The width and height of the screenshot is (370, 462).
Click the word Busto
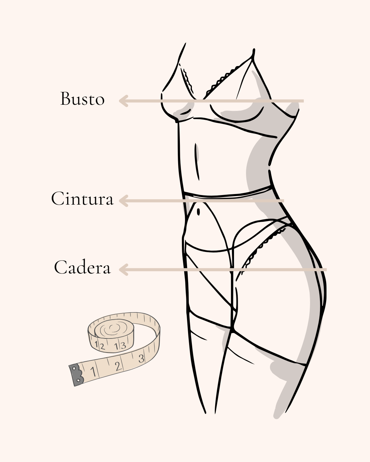(x=82, y=99)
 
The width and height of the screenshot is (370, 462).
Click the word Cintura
(x=82, y=198)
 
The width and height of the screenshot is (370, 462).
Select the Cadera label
(x=82, y=267)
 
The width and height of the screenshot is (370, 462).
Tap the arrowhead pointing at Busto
(x=123, y=101)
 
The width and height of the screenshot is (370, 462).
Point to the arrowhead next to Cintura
(x=123, y=201)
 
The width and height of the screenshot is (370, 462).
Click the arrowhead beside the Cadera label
(x=123, y=270)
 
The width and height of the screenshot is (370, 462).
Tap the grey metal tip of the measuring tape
(x=76, y=375)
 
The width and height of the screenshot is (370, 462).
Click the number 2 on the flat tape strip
(x=118, y=367)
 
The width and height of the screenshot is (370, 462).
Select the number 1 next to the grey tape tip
(x=92, y=371)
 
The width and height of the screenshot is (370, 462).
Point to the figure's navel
(x=199, y=212)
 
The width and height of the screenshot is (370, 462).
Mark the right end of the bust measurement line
(x=303, y=101)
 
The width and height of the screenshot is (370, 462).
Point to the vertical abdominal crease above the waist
(x=197, y=161)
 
